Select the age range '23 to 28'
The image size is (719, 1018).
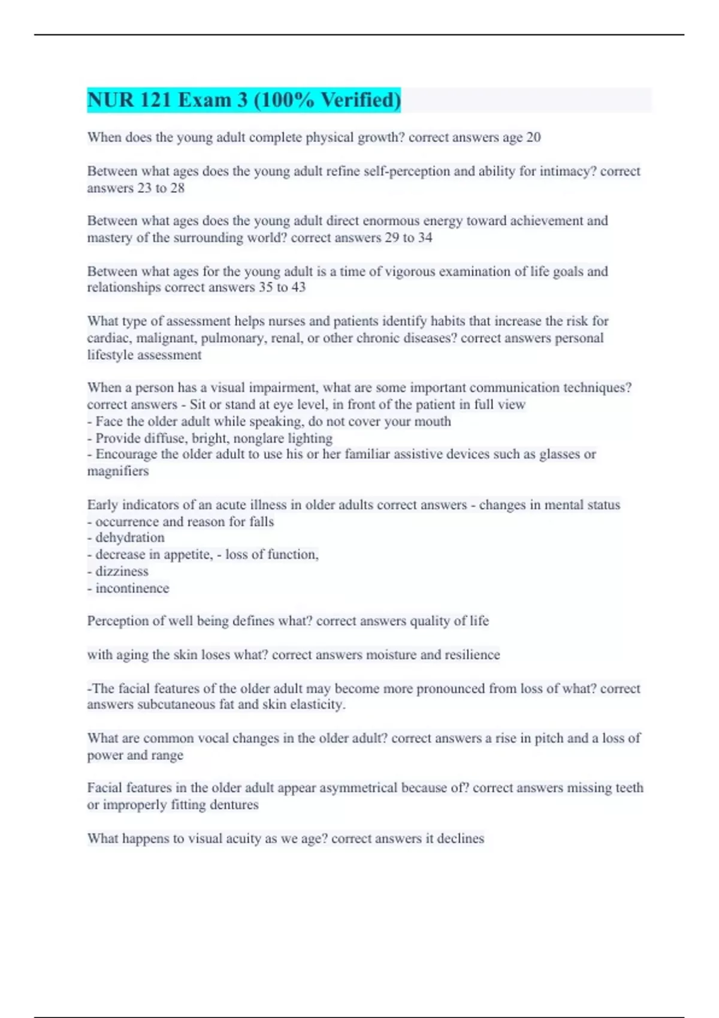point(161,188)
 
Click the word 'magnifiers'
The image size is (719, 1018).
point(118,471)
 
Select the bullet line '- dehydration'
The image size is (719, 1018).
point(126,538)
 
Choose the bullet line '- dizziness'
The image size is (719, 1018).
point(117,571)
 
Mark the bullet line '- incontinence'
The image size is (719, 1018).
point(128,589)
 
